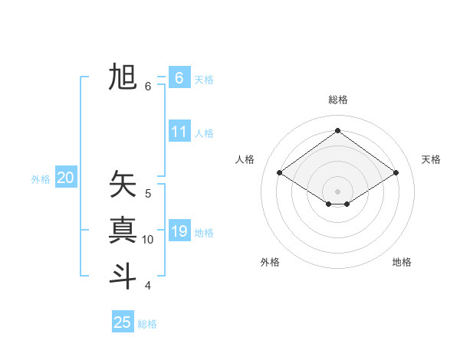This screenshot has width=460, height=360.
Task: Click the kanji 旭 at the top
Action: [x=123, y=78]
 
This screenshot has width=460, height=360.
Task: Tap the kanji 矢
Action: [x=123, y=185]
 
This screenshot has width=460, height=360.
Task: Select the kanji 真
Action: [x=123, y=230]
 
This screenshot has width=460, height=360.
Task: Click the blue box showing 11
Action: [x=179, y=132]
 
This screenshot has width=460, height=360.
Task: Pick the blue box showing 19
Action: [x=179, y=231]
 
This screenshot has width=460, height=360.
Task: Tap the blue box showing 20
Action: [x=66, y=178]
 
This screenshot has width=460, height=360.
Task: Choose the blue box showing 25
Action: [x=123, y=322]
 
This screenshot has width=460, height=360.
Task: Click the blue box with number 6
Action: [x=179, y=78]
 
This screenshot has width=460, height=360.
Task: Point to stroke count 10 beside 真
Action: [x=148, y=240]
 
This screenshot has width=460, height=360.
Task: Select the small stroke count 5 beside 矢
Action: [x=148, y=194]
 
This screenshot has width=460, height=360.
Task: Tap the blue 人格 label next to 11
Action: [x=204, y=133]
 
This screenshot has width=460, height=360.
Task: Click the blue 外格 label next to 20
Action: [x=41, y=179]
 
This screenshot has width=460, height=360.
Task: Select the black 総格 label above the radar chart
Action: [x=337, y=100]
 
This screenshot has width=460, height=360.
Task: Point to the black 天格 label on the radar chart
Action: [x=431, y=159]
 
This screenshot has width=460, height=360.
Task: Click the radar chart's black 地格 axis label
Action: [x=402, y=262]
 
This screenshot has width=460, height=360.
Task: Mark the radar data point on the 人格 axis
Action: [x=280, y=173]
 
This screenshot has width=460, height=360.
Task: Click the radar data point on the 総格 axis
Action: [x=337, y=131]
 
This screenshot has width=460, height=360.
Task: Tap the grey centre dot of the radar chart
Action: [x=337, y=190]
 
